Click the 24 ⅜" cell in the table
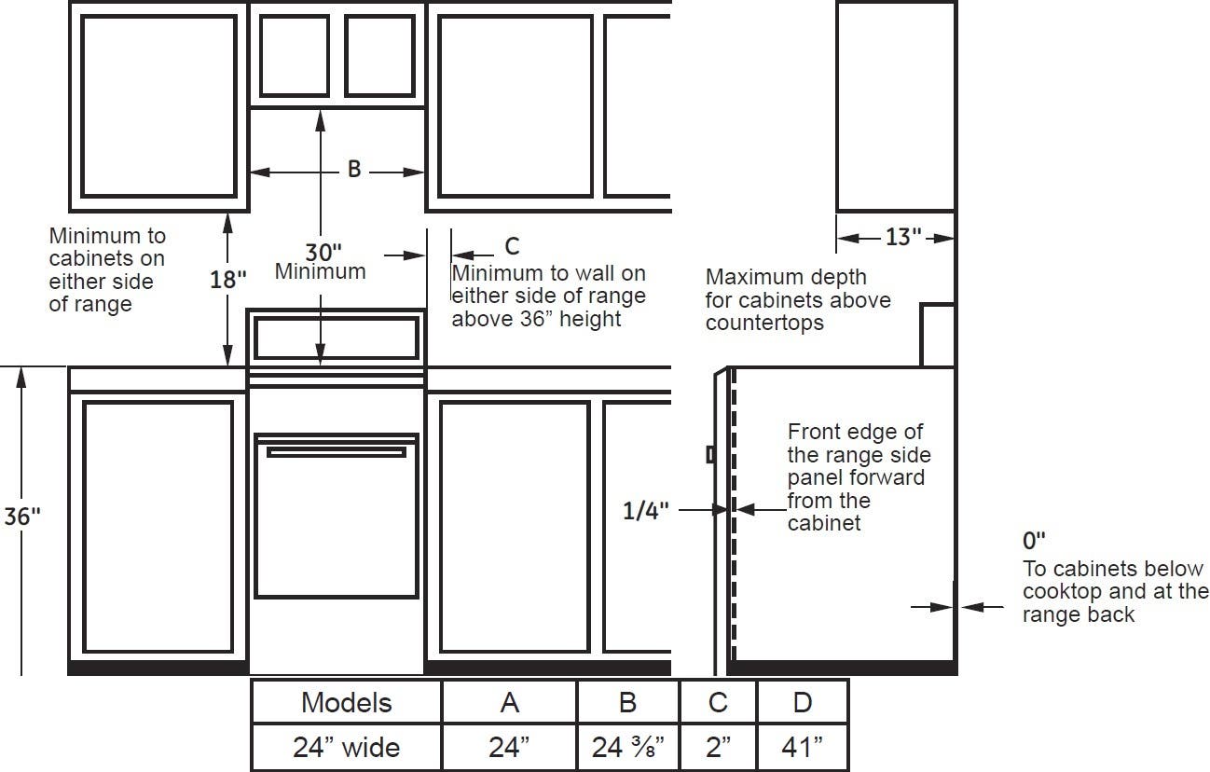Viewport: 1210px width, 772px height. point(627,747)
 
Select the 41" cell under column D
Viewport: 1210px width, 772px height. point(803,747)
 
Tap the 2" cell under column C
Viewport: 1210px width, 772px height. point(719,747)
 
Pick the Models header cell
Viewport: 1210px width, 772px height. point(346,702)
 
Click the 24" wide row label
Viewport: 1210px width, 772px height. point(346,747)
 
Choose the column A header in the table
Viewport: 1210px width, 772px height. point(509,702)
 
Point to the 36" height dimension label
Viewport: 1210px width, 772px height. point(22,517)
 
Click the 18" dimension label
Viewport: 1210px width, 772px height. point(228,280)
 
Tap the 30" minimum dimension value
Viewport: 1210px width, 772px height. point(323,253)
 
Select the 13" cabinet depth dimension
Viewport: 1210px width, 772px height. point(903,237)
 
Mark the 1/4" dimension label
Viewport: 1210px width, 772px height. point(645,511)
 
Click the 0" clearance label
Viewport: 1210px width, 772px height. point(1034,540)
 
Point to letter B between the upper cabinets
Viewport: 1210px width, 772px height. point(354,169)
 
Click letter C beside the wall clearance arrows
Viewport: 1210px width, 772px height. point(512,246)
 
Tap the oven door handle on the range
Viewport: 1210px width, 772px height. point(337,451)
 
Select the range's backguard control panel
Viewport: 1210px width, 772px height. point(337,338)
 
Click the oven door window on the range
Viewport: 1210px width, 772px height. point(337,517)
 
